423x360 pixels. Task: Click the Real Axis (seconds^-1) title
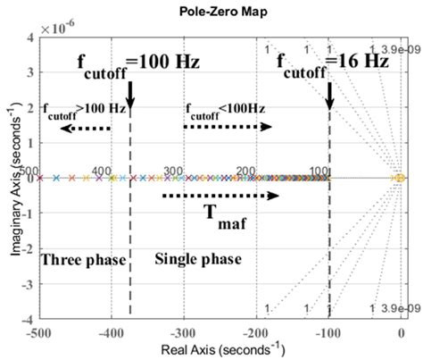click(220, 350)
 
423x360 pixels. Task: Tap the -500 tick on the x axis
click(37, 332)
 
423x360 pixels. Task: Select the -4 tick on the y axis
click(27, 319)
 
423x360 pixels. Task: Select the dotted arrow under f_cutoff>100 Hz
click(86, 129)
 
